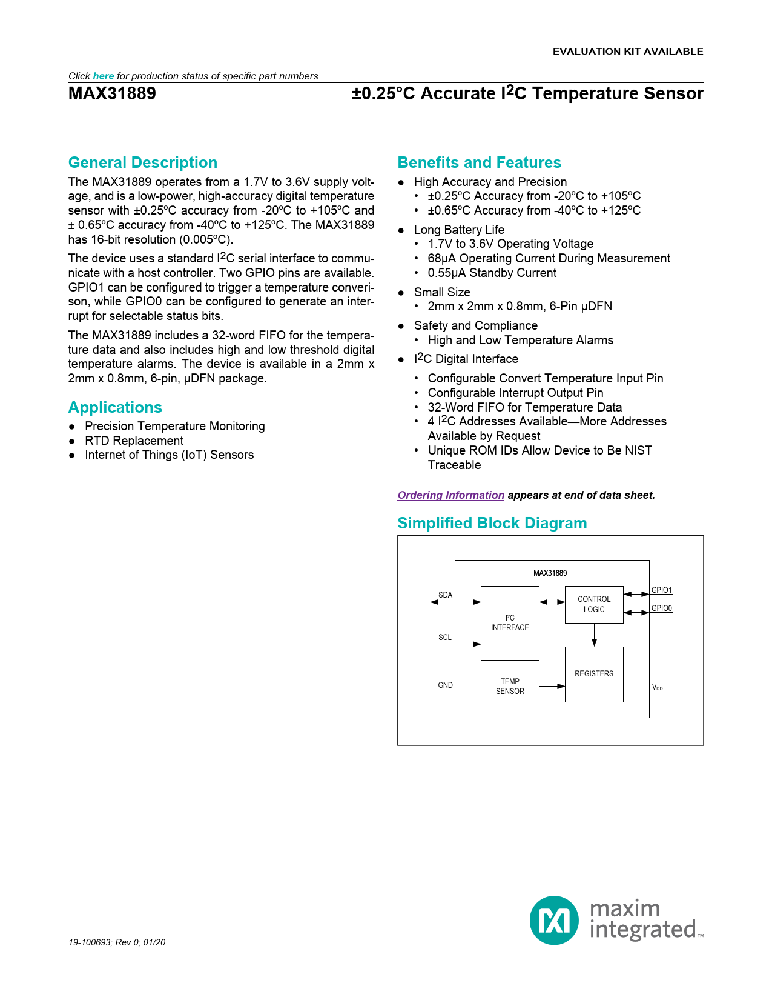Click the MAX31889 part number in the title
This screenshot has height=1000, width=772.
(112, 94)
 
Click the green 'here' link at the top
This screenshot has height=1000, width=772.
(104, 76)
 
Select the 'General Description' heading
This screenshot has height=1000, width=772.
(143, 162)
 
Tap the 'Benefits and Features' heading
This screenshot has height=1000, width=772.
(479, 162)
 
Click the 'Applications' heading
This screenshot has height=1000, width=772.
(115, 407)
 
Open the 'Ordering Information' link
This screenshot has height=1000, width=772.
(450, 495)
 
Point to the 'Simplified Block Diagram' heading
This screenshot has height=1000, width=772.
(492, 523)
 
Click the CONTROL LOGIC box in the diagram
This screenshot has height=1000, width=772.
(593, 604)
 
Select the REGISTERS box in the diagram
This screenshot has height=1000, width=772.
(593, 674)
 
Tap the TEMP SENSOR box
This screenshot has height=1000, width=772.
(509, 686)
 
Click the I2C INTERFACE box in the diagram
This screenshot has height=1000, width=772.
(509, 623)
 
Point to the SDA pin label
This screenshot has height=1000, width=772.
(445, 595)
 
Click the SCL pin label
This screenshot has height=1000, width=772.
(444, 637)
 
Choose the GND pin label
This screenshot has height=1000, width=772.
(445, 685)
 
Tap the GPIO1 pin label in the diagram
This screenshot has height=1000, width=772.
(661, 590)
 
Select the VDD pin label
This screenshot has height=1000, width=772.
(657, 687)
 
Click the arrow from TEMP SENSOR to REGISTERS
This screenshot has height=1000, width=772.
(552, 686)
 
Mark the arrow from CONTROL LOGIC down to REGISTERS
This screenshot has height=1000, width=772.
(594, 635)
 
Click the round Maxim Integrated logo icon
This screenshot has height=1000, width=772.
(554, 920)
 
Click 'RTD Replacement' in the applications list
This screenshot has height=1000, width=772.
(134, 441)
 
